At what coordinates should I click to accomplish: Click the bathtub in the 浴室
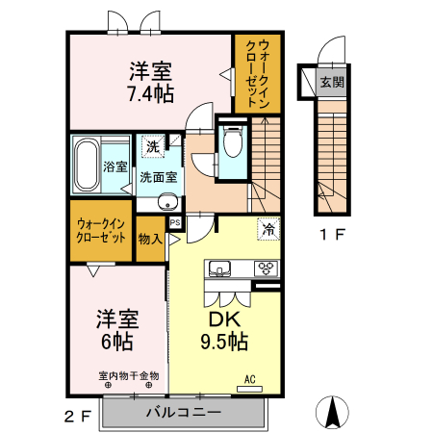coord(86,166)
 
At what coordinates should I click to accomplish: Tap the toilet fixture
coord(231,142)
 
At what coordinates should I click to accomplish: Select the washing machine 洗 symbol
coord(153,147)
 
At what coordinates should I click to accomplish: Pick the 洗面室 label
coord(157,177)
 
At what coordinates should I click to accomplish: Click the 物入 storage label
coord(149,238)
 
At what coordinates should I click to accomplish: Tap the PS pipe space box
coord(175,222)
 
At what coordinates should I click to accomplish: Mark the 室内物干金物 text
coord(128,375)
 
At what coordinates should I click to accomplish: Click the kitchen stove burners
coord(265,267)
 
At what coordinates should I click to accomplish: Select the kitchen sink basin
coord(216,267)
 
